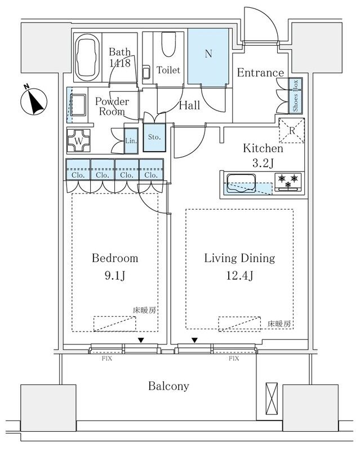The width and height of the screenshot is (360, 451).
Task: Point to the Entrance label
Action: coord(260,73)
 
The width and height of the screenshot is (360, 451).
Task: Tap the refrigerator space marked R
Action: coord(292,130)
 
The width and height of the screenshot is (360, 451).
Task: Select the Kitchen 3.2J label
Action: coord(263,155)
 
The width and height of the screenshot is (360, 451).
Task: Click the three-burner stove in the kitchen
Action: coord(288,181)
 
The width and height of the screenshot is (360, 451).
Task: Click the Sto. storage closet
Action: coord(154,137)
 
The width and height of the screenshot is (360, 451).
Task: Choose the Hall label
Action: coord(189,105)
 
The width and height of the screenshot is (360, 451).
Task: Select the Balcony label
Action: coord(168,386)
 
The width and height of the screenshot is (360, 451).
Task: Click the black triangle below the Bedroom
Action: coord(141,340)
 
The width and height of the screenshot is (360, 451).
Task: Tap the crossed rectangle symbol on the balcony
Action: coord(272,400)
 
